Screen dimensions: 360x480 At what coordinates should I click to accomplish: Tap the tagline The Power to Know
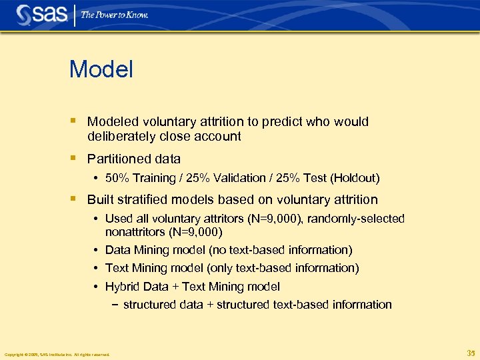[115, 15]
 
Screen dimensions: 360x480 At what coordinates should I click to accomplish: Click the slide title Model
[101, 69]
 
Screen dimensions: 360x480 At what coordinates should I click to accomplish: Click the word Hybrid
[121, 287]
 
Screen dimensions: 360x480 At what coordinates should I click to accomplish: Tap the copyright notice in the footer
[57, 355]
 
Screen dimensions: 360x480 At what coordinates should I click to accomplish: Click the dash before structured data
[113, 305]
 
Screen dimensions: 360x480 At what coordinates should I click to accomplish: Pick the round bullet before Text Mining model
[97, 268]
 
